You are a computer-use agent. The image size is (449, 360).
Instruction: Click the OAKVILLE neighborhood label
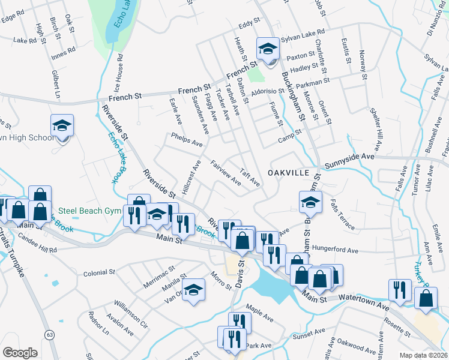[x=288, y=172]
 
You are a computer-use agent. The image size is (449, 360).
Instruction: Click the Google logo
[x=20, y=352]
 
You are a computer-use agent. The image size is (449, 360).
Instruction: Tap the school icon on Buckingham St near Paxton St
[x=268, y=49]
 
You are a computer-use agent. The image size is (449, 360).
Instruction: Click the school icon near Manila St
[x=193, y=290]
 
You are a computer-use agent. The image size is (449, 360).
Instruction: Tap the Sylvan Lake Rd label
[x=303, y=33]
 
